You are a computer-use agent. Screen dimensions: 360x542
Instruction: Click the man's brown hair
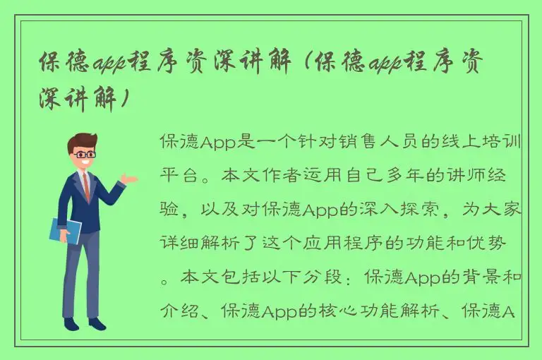click(83, 141)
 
